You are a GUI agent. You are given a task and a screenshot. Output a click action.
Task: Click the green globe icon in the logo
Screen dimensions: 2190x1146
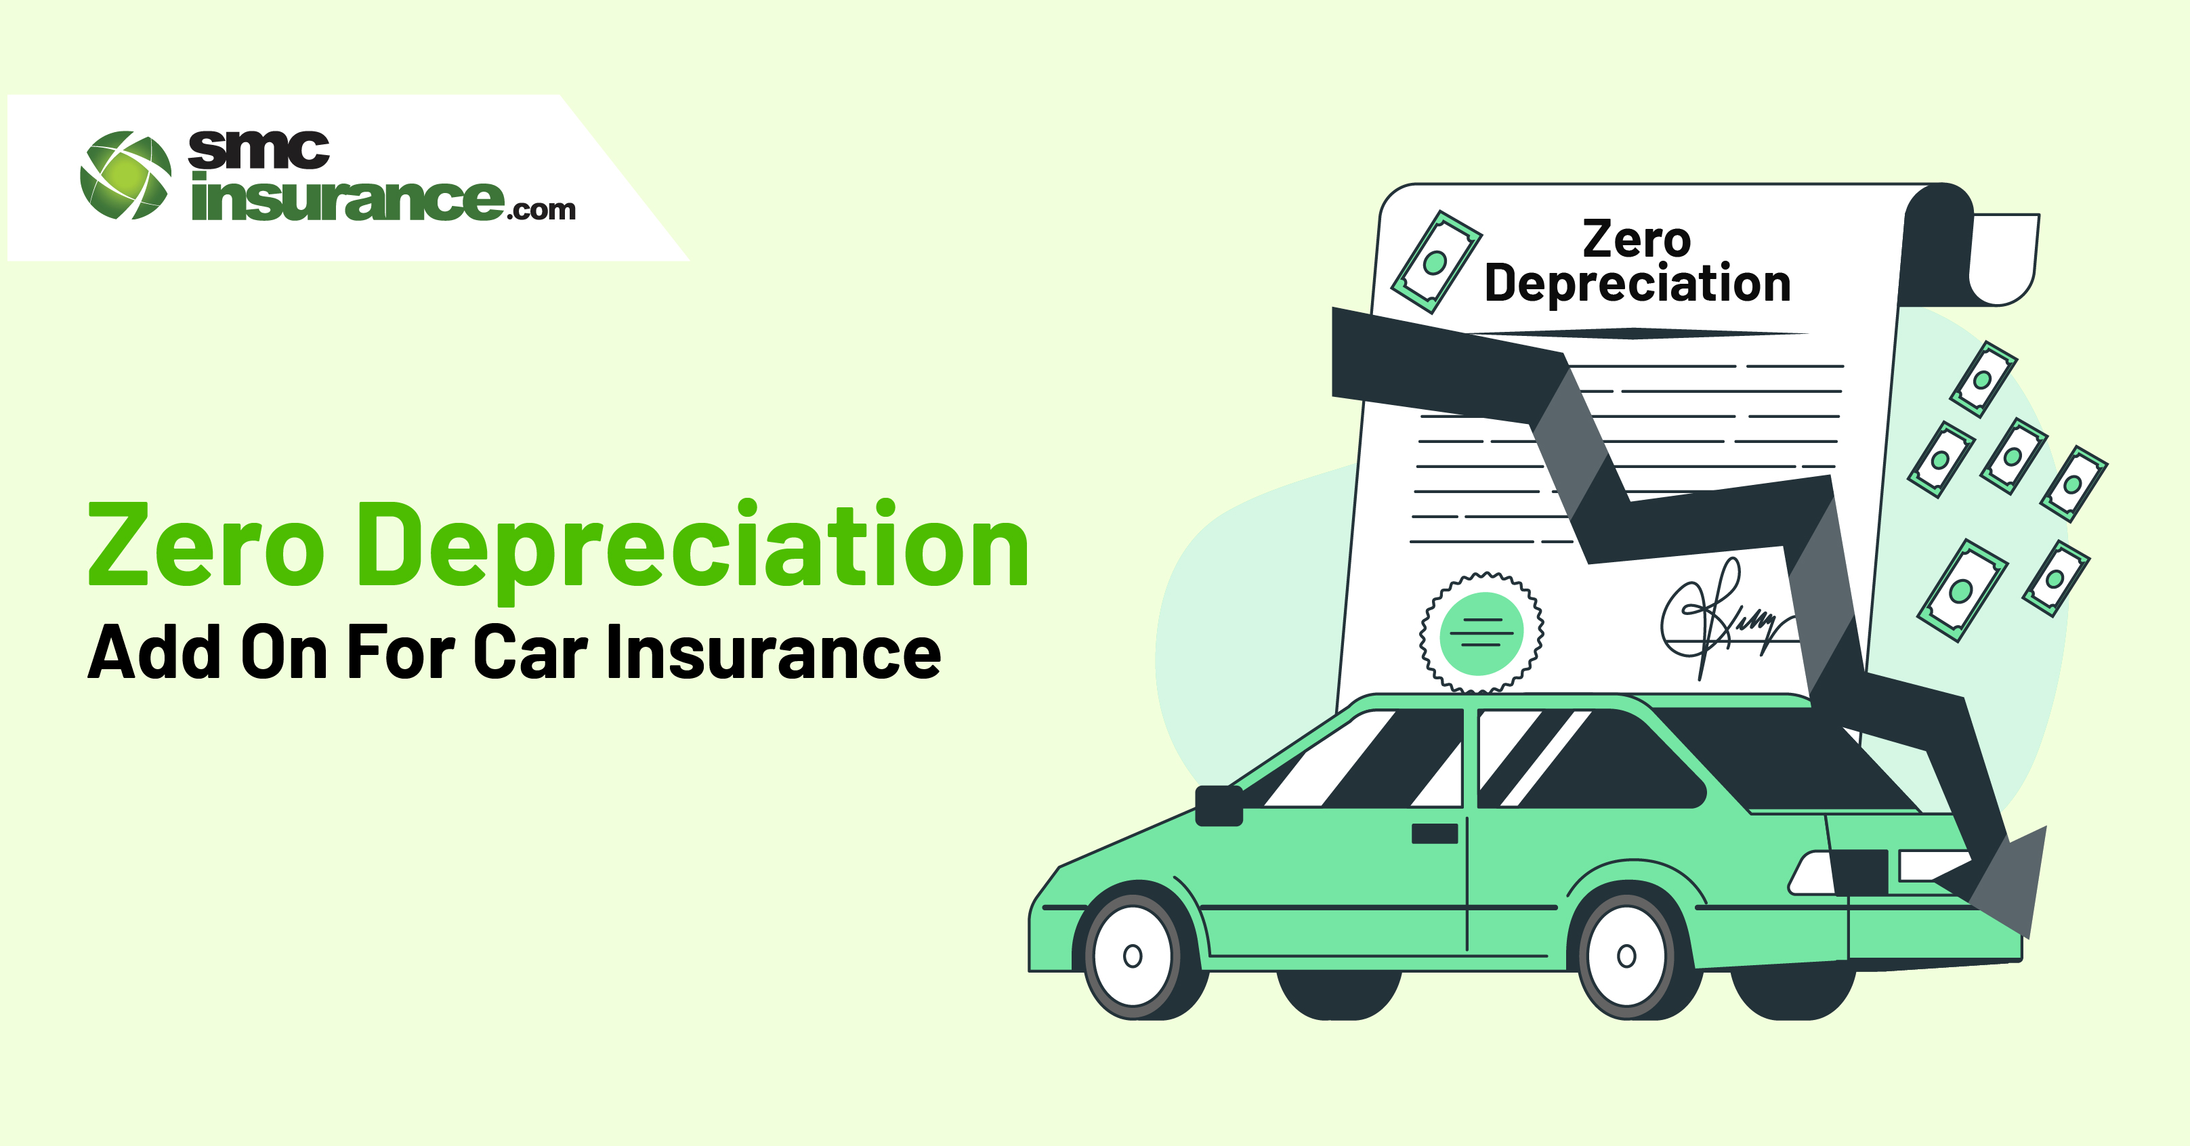tap(125, 175)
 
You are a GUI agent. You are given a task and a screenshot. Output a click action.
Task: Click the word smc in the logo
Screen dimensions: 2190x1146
tap(259, 150)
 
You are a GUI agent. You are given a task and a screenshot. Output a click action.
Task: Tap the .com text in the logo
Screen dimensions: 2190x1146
tap(541, 209)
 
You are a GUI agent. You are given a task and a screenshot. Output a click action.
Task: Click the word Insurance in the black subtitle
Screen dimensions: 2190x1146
tap(774, 652)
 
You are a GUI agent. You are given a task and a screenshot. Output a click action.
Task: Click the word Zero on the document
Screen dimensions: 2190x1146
tap(1637, 239)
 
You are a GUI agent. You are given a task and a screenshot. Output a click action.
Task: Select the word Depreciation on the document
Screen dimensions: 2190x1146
tap(1637, 284)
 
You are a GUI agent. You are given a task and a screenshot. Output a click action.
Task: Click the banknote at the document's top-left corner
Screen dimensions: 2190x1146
tap(1436, 262)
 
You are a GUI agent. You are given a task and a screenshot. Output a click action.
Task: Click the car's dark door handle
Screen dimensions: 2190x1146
tap(1435, 833)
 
